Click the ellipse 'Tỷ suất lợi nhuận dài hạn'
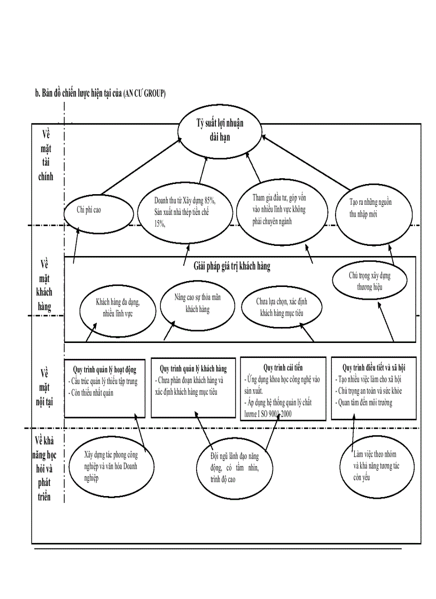[x=219, y=130]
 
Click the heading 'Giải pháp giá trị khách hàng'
[x=232, y=266]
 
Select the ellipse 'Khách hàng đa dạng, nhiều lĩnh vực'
[x=118, y=308]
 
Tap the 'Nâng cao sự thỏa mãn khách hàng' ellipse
[x=198, y=304]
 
